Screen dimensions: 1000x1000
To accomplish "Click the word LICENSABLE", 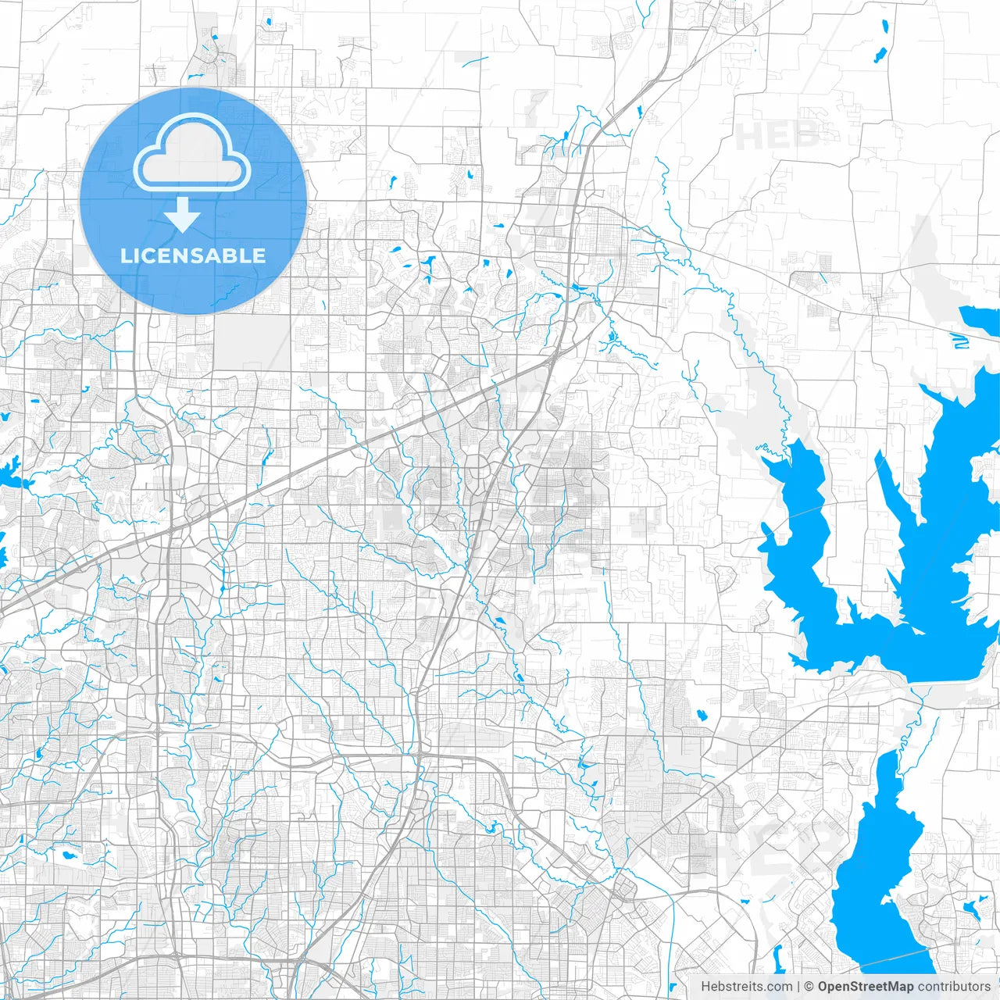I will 193,255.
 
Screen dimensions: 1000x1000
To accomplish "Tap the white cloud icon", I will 192,153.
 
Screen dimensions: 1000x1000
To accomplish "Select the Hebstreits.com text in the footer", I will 746,987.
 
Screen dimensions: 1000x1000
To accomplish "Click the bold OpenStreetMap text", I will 865,987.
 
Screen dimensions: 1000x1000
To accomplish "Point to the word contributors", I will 954,987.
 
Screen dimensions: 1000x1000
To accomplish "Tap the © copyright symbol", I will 809,987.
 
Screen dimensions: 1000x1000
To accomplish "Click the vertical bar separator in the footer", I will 798,987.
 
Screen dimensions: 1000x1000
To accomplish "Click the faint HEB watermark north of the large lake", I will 777,137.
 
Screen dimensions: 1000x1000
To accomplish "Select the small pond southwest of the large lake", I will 701,714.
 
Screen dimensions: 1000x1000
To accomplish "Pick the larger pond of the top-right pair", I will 880,55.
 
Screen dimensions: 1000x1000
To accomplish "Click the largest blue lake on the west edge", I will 11,473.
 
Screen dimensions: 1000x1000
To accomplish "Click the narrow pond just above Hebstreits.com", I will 778,957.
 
